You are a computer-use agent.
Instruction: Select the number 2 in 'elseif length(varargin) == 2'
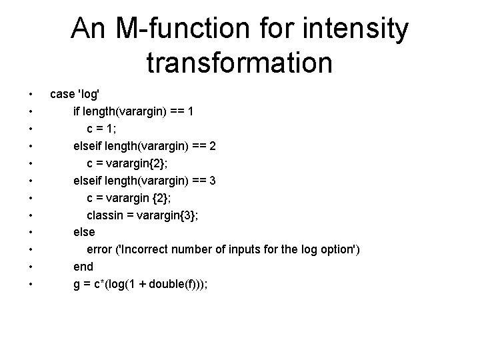coord(212,145)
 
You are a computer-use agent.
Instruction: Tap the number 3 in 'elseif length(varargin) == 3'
coord(212,180)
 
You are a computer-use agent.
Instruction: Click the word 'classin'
coord(105,215)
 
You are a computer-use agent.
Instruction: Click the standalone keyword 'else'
coord(84,232)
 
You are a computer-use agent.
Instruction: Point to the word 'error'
coord(100,249)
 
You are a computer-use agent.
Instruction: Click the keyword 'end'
coord(83,267)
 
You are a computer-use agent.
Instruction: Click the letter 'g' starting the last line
coord(77,285)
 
